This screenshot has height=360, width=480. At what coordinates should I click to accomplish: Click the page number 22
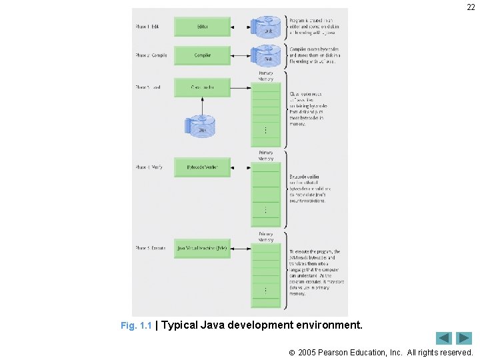coord(470,7)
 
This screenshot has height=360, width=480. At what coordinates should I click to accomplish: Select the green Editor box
coord(202,27)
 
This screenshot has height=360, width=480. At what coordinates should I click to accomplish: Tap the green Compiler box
coord(202,55)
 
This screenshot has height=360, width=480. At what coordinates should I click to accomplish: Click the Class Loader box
coord(202,87)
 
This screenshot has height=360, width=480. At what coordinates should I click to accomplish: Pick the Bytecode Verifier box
coord(202,167)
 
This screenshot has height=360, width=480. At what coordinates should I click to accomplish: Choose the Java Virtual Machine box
coord(202,248)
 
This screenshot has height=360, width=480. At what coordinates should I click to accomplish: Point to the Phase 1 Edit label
coord(147,27)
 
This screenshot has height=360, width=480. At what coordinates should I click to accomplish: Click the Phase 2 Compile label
coord(151,55)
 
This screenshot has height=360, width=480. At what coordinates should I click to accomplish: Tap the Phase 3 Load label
coord(148,87)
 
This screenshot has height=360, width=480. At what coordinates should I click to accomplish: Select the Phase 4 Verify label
coord(149,167)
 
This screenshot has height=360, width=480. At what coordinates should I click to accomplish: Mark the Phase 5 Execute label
coord(151,248)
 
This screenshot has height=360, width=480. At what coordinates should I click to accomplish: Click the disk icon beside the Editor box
coord(268,27)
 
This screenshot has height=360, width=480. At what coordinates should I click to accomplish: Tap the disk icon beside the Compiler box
coord(268,55)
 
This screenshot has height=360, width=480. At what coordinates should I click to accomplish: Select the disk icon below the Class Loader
coord(202,126)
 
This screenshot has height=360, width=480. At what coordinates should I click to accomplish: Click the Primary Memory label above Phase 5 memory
coord(265,237)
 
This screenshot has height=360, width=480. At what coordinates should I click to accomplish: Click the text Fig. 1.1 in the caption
coord(136,326)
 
